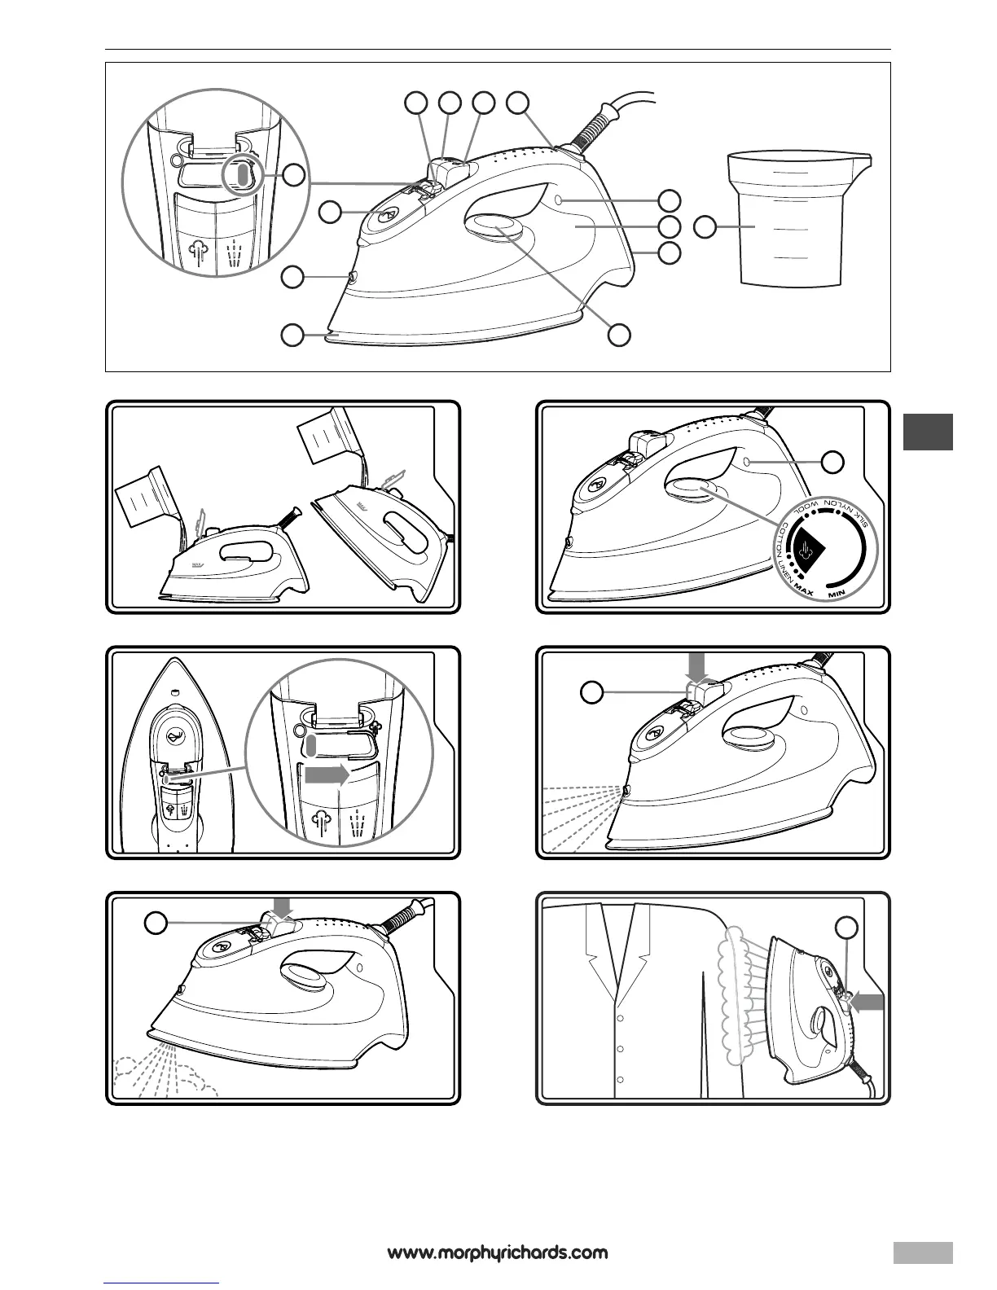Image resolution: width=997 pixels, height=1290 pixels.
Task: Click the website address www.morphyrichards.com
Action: coord(498,1252)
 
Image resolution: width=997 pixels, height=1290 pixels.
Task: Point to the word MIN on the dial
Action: coord(839,594)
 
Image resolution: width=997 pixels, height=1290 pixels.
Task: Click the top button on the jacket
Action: coord(621,1018)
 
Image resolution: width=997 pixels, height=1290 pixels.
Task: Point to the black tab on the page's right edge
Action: coord(928,432)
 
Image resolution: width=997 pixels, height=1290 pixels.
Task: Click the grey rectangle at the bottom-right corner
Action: coord(922,1251)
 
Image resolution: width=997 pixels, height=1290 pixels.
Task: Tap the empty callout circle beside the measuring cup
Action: coord(705,227)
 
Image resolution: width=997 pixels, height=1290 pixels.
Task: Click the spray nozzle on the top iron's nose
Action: coord(352,277)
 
